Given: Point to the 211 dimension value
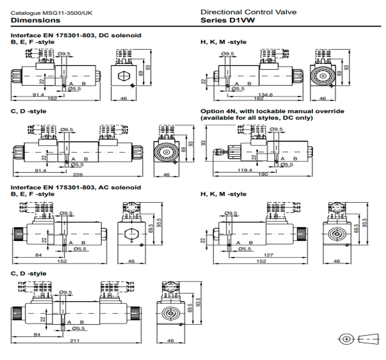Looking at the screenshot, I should coord(76,341).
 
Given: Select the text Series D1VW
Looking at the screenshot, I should coord(228,20).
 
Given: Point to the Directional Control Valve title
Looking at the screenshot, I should coord(240,12).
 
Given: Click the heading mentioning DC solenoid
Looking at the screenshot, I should coord(76,35).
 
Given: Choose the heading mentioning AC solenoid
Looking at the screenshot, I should coord(76,187).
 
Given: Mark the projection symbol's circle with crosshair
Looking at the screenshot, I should coord(346,338).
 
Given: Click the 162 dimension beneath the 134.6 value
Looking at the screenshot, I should coord(259,100).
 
